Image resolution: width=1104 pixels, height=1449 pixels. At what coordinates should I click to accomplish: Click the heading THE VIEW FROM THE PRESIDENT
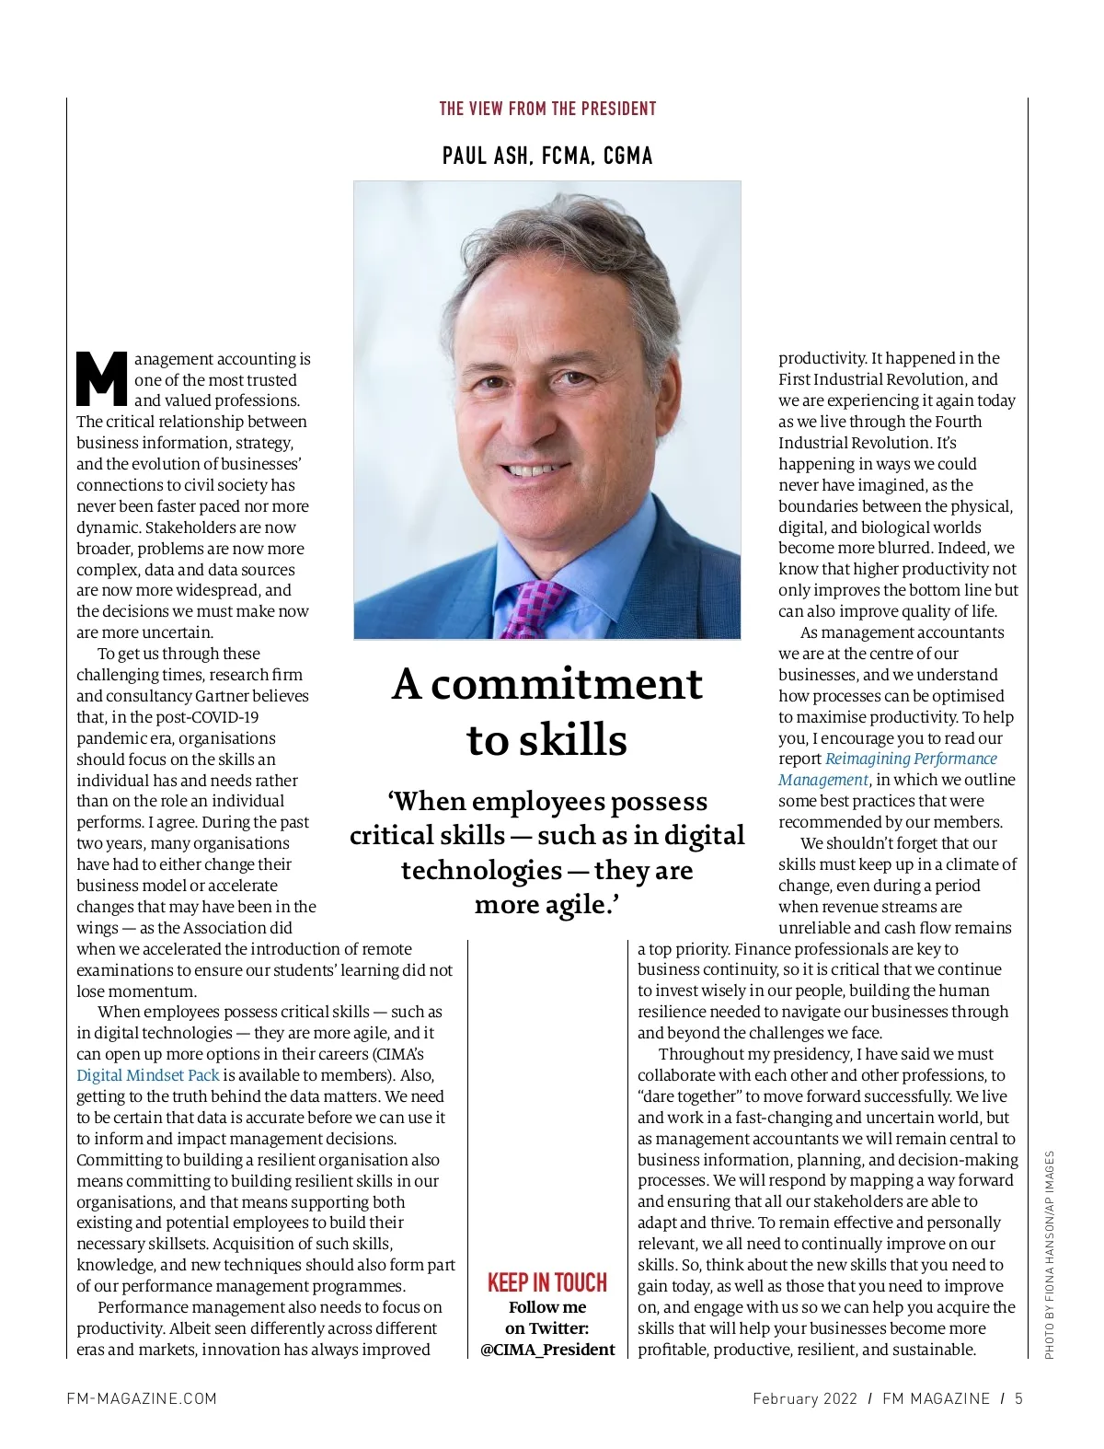point(547,109)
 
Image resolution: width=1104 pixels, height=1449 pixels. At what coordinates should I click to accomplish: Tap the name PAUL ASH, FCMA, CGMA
point(547,156)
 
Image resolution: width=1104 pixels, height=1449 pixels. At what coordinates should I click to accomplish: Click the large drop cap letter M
point(101,378)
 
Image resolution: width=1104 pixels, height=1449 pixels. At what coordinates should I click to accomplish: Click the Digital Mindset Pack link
point(148,1075)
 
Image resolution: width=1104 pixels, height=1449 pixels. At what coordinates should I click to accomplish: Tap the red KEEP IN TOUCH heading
point(547,1282)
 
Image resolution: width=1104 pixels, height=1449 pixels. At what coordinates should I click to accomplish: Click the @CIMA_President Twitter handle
point(547,1350)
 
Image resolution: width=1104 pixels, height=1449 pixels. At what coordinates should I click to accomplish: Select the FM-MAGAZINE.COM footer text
point(142,1398)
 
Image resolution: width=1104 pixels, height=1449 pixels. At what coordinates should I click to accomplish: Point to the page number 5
point(1018,1398)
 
